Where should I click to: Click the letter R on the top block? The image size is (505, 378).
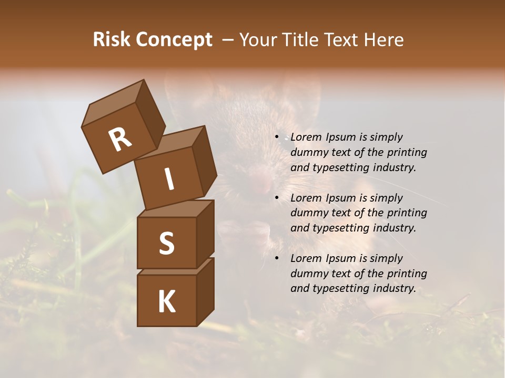[120, 140]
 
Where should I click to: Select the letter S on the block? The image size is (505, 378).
[166, 243]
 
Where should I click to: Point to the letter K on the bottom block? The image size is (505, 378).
[166, 302]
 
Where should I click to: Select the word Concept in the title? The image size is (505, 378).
[174, 40]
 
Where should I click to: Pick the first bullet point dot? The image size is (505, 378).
[277, 138]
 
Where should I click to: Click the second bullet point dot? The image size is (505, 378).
[277, 198]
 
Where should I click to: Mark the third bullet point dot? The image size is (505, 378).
[277, 258]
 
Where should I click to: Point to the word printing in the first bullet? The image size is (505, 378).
[407, 153]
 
